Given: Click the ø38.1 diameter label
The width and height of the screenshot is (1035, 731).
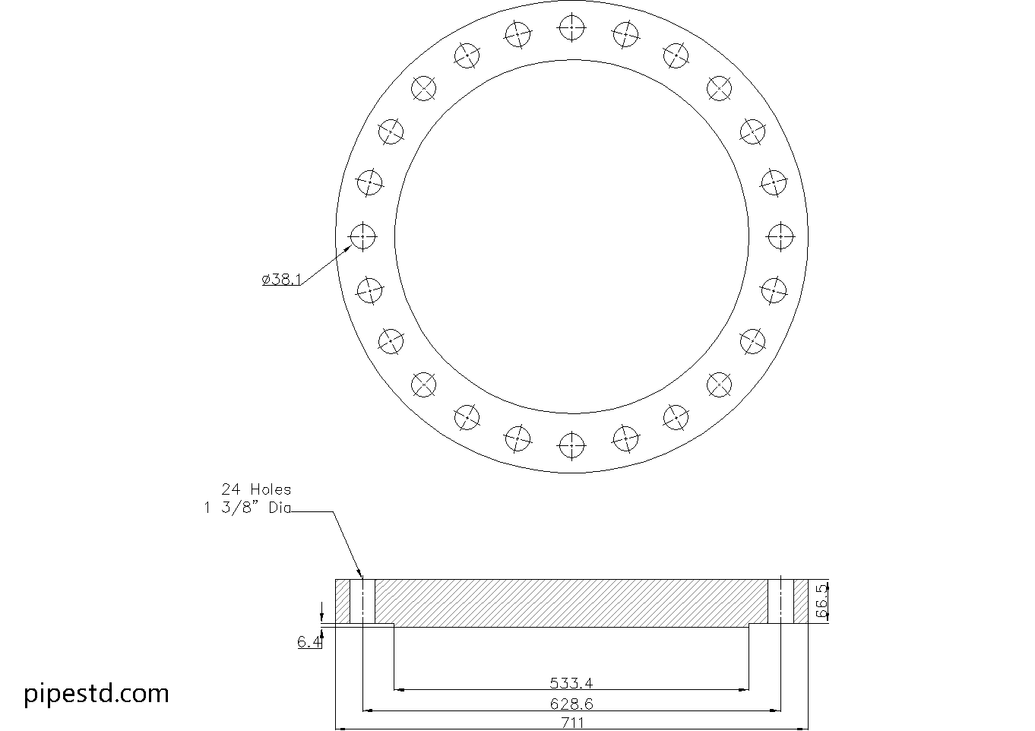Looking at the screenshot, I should click(281, 280).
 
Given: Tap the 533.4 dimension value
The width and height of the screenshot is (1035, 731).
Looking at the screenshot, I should click(571, 682).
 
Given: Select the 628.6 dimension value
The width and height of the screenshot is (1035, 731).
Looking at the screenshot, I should click(571, 704).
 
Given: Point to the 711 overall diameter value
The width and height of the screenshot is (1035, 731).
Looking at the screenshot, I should click(571, 723).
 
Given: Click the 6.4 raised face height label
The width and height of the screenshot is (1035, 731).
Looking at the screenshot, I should click(309, 642).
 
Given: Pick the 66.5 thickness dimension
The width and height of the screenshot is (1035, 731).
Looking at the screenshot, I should click(821, 601).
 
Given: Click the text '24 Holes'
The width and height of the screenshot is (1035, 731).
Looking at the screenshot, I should click(256, 489).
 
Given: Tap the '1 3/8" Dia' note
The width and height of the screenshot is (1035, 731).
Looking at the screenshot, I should click(247, 509).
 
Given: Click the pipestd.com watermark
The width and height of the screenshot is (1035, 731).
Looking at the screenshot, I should click(97, 693).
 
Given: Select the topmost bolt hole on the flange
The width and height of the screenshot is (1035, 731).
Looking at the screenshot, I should click(571, 28).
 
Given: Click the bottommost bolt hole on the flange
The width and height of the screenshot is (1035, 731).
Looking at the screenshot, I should click(571, 445).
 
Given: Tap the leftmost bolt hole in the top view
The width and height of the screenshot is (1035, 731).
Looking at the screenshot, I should click(363, 236).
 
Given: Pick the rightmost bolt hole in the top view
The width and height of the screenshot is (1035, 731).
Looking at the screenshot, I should click(780, 236).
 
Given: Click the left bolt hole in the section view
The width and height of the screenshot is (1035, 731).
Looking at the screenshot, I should click(363, 601).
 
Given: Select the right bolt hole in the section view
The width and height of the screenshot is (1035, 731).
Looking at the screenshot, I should click(780, 601).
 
